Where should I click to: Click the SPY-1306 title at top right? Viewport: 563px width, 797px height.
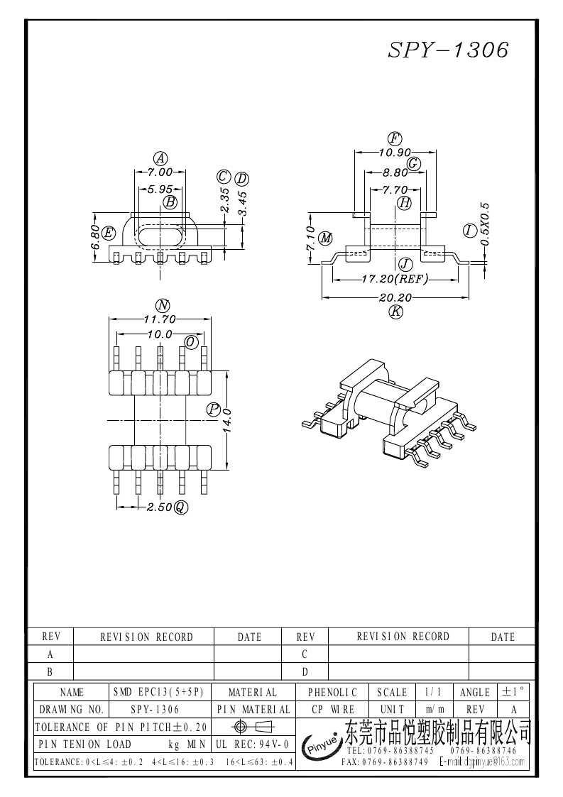coord(448,50)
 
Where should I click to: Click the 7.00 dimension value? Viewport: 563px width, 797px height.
coord(160,172)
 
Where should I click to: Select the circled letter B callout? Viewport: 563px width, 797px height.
coord(170,202)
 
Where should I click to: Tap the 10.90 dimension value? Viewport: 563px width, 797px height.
coord(395,152)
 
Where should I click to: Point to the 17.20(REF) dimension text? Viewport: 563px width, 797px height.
coord(395,279)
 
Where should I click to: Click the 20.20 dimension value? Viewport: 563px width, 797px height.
coord(395,297)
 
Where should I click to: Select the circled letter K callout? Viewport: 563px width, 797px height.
coord(395,312)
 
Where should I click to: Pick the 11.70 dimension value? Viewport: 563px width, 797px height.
coord(160,319)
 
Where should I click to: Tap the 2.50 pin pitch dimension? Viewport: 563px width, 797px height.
coord(159,507)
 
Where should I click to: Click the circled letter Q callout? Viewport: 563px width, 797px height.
coord(181,507)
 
